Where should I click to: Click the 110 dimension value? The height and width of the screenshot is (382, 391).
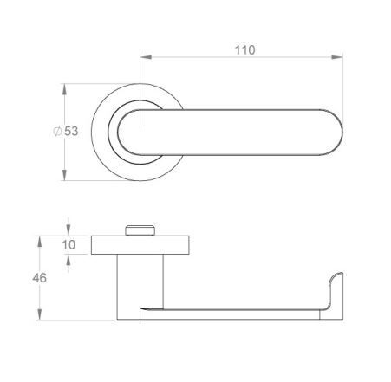click(245, 50)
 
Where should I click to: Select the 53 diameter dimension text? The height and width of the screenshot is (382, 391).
click(71, 131)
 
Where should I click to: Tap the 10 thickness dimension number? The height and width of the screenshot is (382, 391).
click(68, 245)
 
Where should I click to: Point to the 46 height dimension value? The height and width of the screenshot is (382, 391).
click(39, 278)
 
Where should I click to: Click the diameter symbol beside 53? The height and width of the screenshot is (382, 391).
click(57, 132)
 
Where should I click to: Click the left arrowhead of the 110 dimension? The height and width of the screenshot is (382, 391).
click(146, 57)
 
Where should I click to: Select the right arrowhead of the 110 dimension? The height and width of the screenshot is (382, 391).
click(336, 57)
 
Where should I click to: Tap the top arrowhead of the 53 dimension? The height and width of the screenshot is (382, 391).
click(64, 89)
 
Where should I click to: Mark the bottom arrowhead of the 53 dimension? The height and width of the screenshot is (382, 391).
click(64, 175)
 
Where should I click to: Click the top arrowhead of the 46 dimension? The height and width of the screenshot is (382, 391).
click(40, 242)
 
